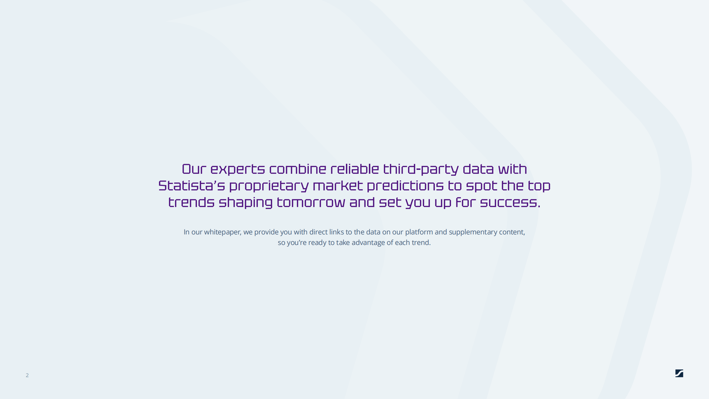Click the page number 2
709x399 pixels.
(x=27, y=375)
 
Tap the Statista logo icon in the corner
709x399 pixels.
(x=679, y=373)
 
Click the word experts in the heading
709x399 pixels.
(x=238, y=170)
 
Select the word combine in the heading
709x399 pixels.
(x=298, y=169)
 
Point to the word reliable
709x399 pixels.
(x=355, y=169)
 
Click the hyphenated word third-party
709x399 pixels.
(x=421, y=170)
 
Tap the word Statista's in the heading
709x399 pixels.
(x=192, y=186)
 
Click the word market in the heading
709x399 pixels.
(x=338, y=186)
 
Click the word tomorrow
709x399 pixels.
(x=311, y=203)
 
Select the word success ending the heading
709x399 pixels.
(x=508, y=203)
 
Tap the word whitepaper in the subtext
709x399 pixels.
(x=222, y=232)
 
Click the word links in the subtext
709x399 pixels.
(x=336, y=232)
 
